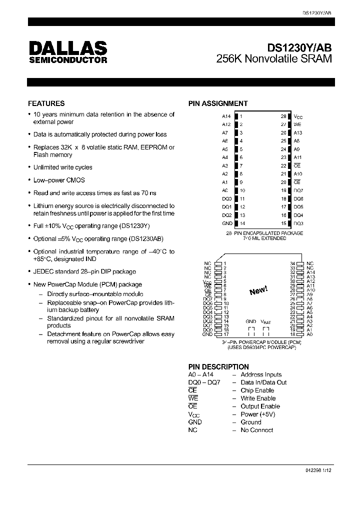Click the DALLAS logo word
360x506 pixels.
click(68, 48)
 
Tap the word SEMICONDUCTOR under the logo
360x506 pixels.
click(68, 60)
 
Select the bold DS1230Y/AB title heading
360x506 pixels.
click(299, 47)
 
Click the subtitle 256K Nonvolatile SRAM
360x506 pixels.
click(274, 59)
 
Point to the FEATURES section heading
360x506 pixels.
click(46, 103)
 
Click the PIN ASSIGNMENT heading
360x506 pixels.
click(218, 103)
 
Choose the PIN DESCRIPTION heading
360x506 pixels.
click(218, 366)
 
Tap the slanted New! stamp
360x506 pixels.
click(258, 290)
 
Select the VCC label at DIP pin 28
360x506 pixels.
click(298, 116)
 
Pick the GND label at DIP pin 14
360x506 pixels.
click(226, 223)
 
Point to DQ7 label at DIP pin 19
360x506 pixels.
click(298, 190)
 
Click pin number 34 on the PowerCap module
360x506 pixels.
click(293, 263)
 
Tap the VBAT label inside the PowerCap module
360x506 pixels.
click(265, 322)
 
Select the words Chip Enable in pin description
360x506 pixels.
click(257, 390)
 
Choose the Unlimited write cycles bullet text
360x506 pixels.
click(62, 167)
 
